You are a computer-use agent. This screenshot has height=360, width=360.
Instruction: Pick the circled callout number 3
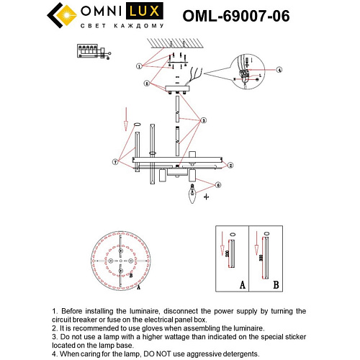point(204,120)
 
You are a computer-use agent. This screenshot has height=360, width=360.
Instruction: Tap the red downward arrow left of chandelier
point(128,115)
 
